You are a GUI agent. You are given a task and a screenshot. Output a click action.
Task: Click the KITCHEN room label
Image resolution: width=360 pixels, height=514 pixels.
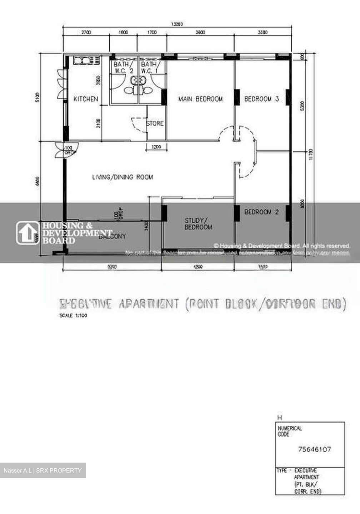tap(86, 99)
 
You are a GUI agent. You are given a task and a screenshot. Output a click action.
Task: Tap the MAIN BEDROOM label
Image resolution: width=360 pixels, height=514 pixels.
tap(200, 99)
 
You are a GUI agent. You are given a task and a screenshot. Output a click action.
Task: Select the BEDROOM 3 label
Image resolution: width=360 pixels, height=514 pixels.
tap(261, 99)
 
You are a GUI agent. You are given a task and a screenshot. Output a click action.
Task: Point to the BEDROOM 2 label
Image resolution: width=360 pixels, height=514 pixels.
tap(261, 212)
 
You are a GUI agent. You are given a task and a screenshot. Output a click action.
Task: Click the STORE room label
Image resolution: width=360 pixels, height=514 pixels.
tap(155, 124)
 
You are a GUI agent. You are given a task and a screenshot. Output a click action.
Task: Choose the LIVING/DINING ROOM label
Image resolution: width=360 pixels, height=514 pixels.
tap(122, 177)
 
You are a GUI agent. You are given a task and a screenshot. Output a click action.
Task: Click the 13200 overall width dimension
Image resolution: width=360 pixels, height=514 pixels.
tap(177, 24)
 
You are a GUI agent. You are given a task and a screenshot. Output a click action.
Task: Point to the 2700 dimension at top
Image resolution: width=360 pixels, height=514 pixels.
tap(86, 32)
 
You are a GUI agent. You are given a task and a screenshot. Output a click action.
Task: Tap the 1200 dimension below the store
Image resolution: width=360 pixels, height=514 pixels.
tap(156, 147)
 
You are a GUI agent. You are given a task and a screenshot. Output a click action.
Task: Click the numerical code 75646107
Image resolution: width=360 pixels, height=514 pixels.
tap(314, 449)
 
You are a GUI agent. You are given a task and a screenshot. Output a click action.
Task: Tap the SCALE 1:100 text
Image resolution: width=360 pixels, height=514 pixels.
tap(73, 316)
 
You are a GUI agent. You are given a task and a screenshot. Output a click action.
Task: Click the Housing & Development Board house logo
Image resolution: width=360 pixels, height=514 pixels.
tap(27, 233)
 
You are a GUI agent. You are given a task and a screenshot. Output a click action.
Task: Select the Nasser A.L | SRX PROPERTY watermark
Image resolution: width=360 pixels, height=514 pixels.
tap(42, 470)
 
